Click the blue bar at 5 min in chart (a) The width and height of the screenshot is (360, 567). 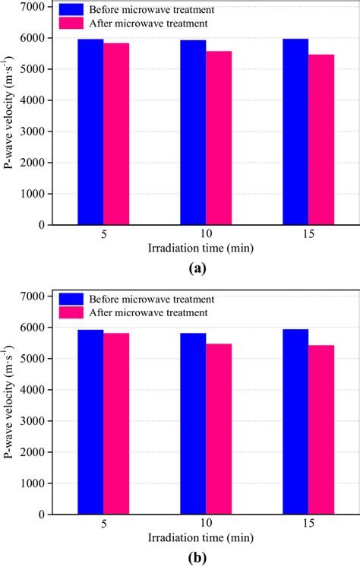click(90, 132)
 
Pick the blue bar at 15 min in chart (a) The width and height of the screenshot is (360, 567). click(295, 132)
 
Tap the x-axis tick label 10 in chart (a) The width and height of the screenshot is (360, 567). click(206, 236)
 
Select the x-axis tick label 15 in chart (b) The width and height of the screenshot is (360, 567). click(308, 524)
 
